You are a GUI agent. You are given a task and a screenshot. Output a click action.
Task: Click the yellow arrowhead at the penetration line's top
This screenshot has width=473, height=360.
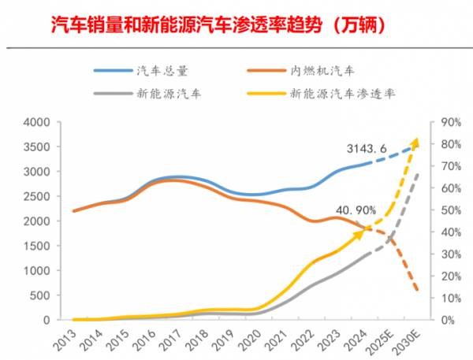click(415, 143)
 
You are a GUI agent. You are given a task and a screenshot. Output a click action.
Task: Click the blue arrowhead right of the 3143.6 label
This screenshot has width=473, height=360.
click(415, 144)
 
